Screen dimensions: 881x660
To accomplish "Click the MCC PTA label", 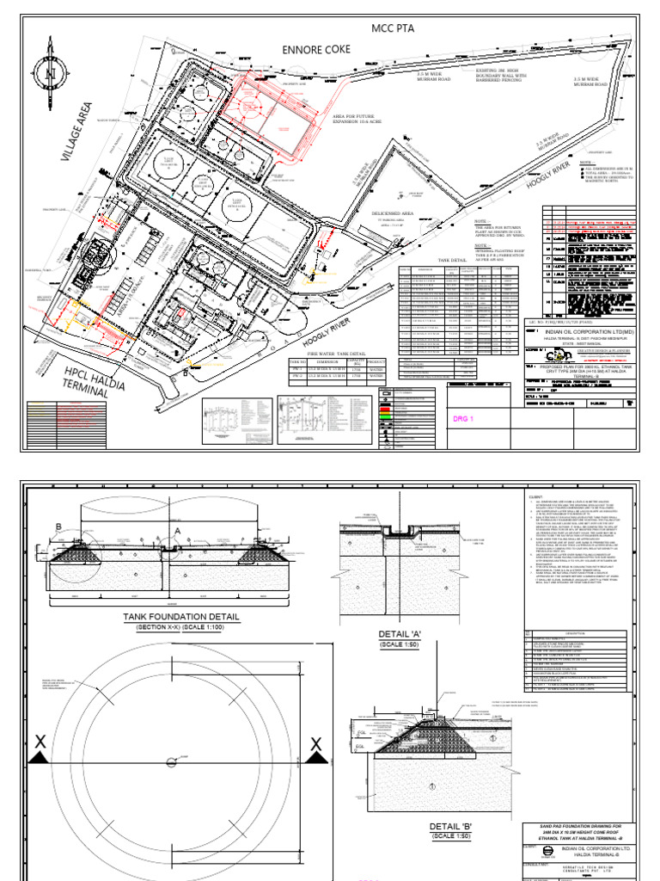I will tap(393, 28).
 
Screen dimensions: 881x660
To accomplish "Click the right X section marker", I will tap(315, 744).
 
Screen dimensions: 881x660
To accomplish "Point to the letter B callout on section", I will tap(59, 527).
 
